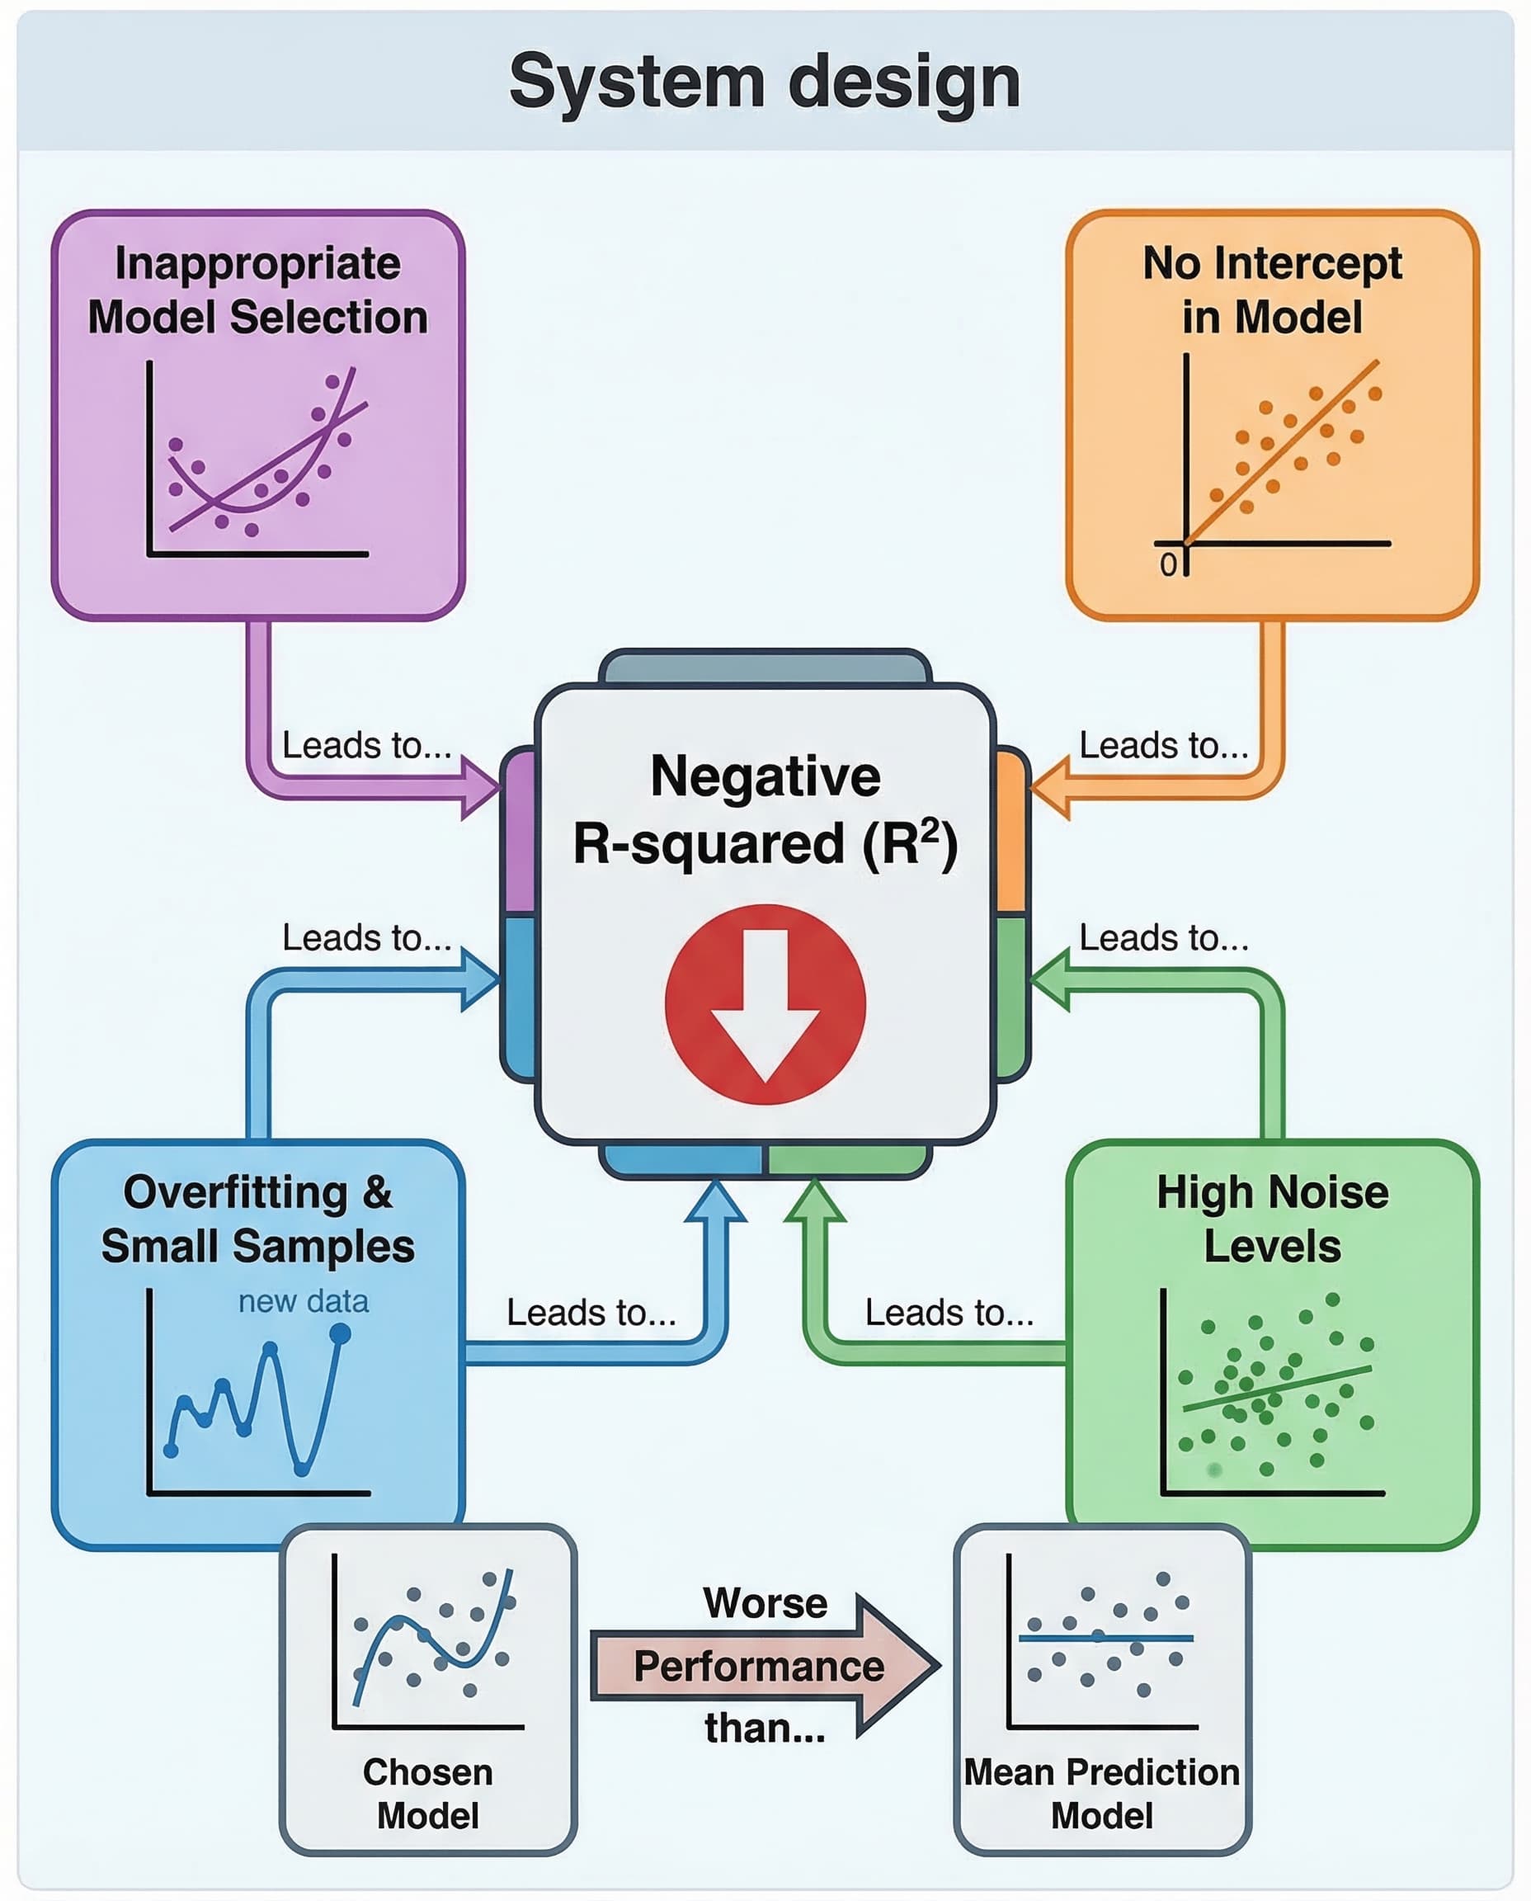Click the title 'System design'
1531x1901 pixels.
tap(765, 82)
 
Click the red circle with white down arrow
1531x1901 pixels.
tap(765, 1004)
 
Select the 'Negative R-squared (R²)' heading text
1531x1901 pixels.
tap(765, 809)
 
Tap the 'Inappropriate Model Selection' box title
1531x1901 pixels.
tap(257, 290)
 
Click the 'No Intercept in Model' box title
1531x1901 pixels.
tap(1272, 290)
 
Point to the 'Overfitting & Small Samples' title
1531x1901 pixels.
tap(257, 1219)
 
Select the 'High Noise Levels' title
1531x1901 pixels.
tap(1272, 1219)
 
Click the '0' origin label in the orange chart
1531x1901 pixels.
tap(1168, 565)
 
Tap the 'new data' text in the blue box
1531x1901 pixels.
tap(304, 1301)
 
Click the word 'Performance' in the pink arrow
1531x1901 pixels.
tap(758, 1667)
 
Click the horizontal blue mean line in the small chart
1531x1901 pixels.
tap(1105, 1638)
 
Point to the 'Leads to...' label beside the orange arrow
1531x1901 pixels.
tap(1163, 745)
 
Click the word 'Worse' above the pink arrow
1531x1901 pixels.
tap(765, 1603)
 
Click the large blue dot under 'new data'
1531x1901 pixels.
tap(340, 1335)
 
